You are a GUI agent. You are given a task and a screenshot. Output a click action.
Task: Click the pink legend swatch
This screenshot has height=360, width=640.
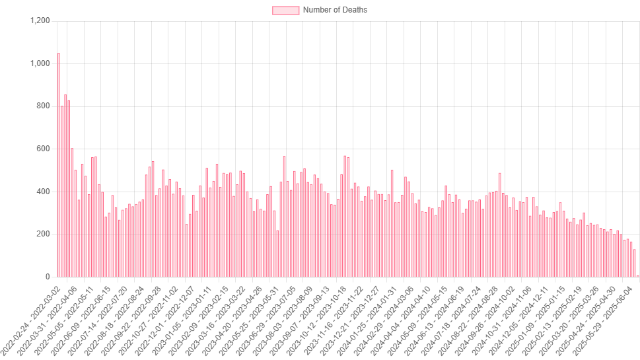point(285,10)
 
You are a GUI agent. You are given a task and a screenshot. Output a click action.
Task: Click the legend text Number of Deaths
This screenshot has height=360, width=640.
point(335,10)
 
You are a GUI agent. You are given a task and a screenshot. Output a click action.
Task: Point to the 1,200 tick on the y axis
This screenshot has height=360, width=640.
point(40,21)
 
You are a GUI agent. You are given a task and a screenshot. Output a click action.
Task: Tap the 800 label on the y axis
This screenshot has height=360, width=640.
point(44,106)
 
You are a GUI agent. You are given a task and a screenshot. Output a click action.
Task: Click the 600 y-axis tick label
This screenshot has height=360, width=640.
point(44,149)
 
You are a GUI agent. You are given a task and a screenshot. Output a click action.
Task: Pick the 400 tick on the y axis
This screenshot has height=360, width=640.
point(44,192)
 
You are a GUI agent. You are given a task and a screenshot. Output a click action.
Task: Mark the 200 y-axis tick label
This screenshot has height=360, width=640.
point(44,234)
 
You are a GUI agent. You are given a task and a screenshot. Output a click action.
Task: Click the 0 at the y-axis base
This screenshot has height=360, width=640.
point(48,277)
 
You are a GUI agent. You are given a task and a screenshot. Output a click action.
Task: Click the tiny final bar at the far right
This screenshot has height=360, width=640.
point(637,275)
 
